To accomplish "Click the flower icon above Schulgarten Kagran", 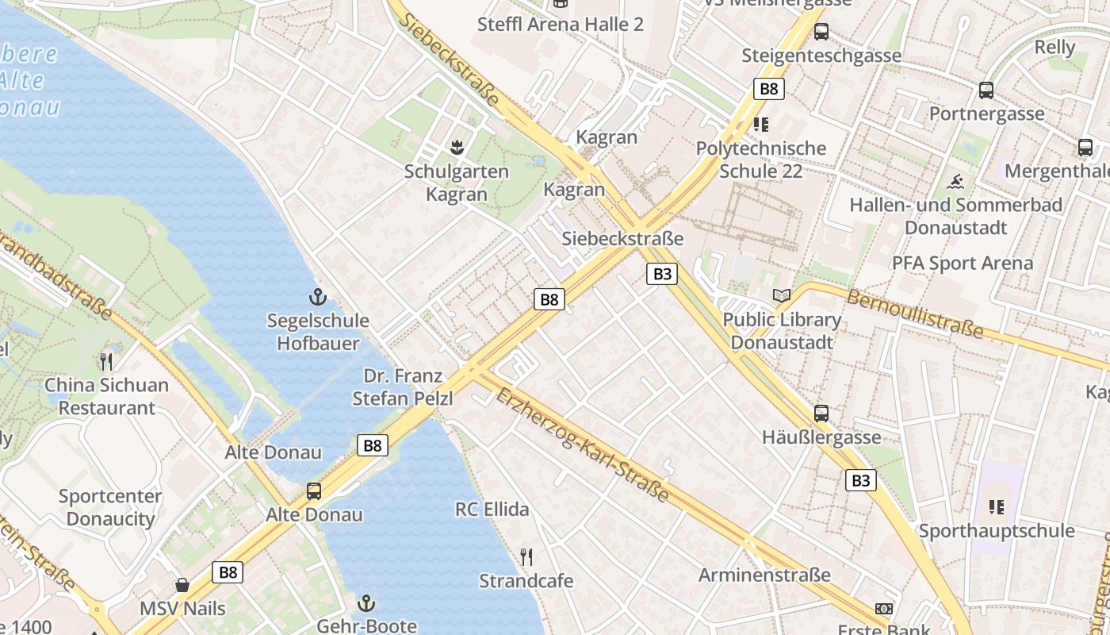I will [457, 147].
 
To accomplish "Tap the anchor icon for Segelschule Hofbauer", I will [317, 298].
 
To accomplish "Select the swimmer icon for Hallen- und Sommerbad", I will [956, 182].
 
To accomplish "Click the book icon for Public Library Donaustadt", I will [782, 296].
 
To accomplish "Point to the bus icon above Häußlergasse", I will [821, 414].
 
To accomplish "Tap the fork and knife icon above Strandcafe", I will [526, 557].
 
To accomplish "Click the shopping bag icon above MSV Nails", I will [182, 586].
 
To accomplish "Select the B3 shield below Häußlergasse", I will [861, 480].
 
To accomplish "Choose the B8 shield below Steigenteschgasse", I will [768, 88].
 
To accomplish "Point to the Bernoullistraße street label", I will [915, 314].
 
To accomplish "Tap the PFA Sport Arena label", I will [963, 263].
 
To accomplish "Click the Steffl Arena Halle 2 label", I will [560, 24].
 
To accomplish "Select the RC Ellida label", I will [492, 509].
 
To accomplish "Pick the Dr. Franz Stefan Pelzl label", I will [403, 387].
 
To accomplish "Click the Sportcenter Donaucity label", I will [110, 507].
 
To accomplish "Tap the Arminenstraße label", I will [764, 575].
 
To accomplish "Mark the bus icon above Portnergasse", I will [986, 90].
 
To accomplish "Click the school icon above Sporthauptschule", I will [997, 506].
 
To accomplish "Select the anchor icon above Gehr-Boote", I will [366, 602].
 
